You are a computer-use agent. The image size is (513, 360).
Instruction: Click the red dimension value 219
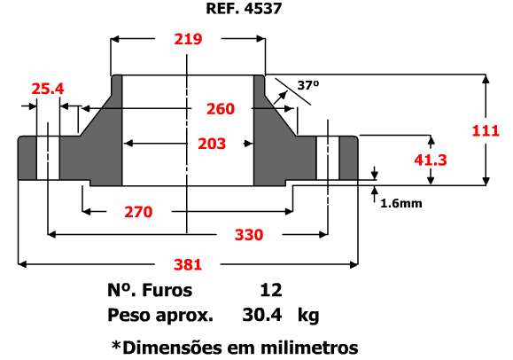coord(188,39)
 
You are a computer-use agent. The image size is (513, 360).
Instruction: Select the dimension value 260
coord(221,109)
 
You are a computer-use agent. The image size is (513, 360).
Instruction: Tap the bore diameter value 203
coord(212,144)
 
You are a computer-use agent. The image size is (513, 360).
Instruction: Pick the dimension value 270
coord(138,212)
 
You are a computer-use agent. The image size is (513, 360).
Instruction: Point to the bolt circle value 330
coord(249,235)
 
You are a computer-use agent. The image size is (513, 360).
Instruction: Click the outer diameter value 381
coord(188,264)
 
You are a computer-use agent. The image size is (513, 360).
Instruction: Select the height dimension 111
coord(486,130)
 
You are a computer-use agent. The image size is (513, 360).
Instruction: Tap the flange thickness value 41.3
coord(431,160)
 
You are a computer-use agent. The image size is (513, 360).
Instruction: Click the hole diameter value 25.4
coord(48,89)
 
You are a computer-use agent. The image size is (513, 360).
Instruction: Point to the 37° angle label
coord(308,85)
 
